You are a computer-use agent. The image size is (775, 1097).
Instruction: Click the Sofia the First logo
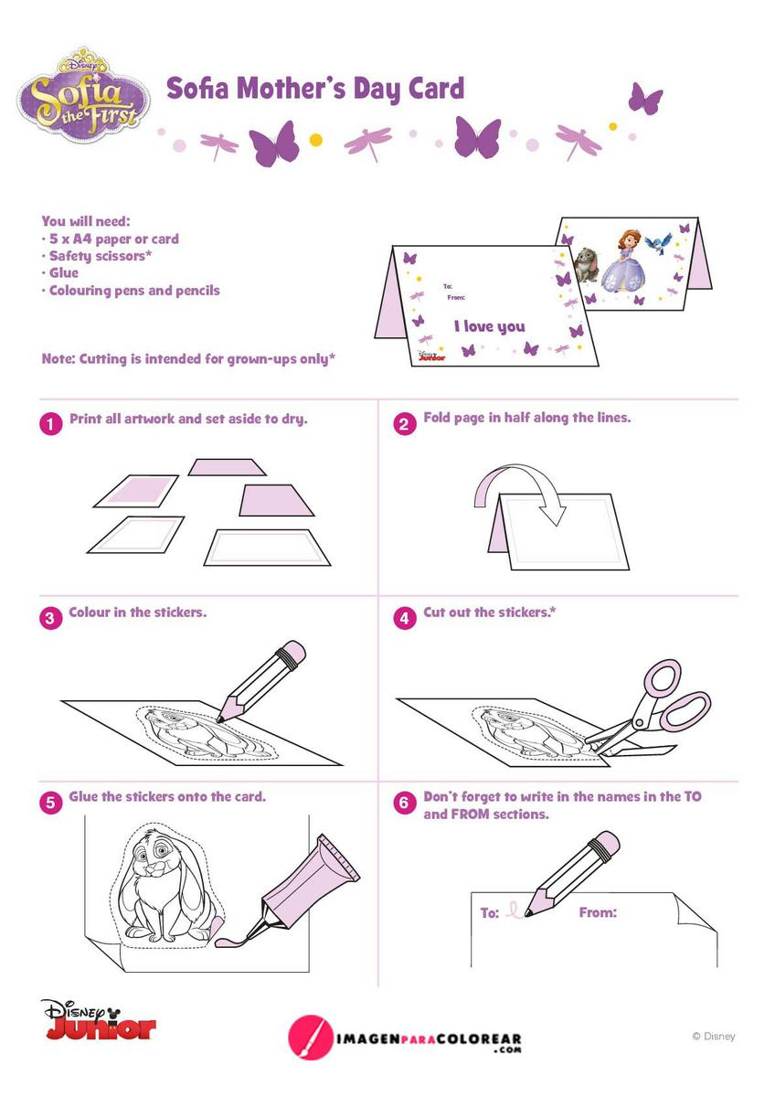[x=84, y=94]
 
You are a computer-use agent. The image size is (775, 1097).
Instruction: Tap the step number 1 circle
[x=51, y=424]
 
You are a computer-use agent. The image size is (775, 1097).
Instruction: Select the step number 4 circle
[x=405, y=618]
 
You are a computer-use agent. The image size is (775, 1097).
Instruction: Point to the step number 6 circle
[x=404, y=803]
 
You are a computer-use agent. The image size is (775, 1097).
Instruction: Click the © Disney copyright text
[x=714, y=1036]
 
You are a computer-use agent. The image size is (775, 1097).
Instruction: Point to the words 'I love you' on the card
[x=490, y=326]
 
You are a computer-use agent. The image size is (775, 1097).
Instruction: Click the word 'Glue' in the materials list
[x=64, y=273]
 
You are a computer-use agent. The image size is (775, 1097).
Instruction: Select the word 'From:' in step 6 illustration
[x=598, y=912]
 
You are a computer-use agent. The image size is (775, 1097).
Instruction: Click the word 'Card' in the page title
[x=436, y=88]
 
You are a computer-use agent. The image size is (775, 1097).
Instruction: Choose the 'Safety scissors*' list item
[x=101, y=256]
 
